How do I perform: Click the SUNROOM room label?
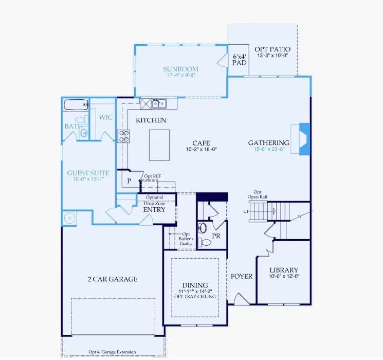click(x=181, y=69)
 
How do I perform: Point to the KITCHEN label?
click(x=151, y=120)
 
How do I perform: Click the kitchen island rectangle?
click(x=160, y=145)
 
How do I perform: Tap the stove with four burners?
click(x=124, y=136)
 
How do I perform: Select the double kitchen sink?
click(x=158, y=104)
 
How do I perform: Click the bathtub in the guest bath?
click(x=75, y=105)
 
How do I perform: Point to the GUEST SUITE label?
click(x=88, y=173)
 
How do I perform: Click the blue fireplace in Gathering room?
click(x=303, y=138)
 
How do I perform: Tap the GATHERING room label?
click(x=269, y=142)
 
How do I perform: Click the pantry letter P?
click(x=130, y=181)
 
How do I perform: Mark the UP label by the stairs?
click(x=246, y=211)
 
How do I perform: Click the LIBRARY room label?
click(x=284, y=270)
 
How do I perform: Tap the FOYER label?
click(x=242, y=276)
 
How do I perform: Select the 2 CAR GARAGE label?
click(x=112, y=279)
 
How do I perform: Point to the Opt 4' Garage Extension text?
click(x=112, y=352)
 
